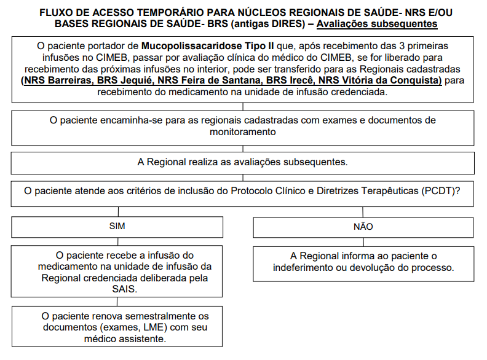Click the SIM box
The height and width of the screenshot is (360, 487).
click(x=117, y=226)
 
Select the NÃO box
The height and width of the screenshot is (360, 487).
click(x=363, y=226)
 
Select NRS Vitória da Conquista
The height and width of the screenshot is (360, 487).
click(x=381, y=81)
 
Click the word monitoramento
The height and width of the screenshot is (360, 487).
click(x=243, y=131)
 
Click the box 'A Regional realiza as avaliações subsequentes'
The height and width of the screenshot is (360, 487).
click(x=243, y=162)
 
